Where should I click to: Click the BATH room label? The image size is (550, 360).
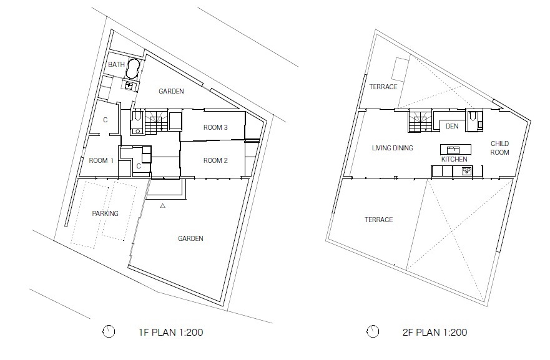[x=116, y=64]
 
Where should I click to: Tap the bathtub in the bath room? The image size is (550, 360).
[x=133, y=69]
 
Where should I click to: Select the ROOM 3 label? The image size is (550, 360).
[x=215, y=128]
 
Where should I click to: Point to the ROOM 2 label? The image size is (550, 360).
[x=215, y=160]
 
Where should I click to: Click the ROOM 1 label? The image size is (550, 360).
[x=101, y=160]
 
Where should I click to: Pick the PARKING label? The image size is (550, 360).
[x=106, y=213]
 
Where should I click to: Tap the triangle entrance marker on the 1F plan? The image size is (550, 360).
[x=163, y=206]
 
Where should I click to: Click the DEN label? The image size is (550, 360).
[x=452, y=126]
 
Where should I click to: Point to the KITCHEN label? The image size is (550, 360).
[x=454, y=159]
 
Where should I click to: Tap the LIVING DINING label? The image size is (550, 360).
[x=393, y=148]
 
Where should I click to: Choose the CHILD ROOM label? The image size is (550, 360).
[x=500, y=148]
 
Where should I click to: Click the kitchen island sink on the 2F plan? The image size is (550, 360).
[x=453, y=150]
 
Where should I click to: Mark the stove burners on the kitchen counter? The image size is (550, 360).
[x=467, y=171]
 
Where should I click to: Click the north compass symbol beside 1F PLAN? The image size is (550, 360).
[x=109, y=331]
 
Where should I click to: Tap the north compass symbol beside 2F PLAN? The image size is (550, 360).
[x=373, y=331]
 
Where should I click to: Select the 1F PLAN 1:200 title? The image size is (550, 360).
[x=171, y=332]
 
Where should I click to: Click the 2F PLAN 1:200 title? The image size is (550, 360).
[x=435, y=332]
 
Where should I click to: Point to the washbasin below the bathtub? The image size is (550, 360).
[x=129, y=85]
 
